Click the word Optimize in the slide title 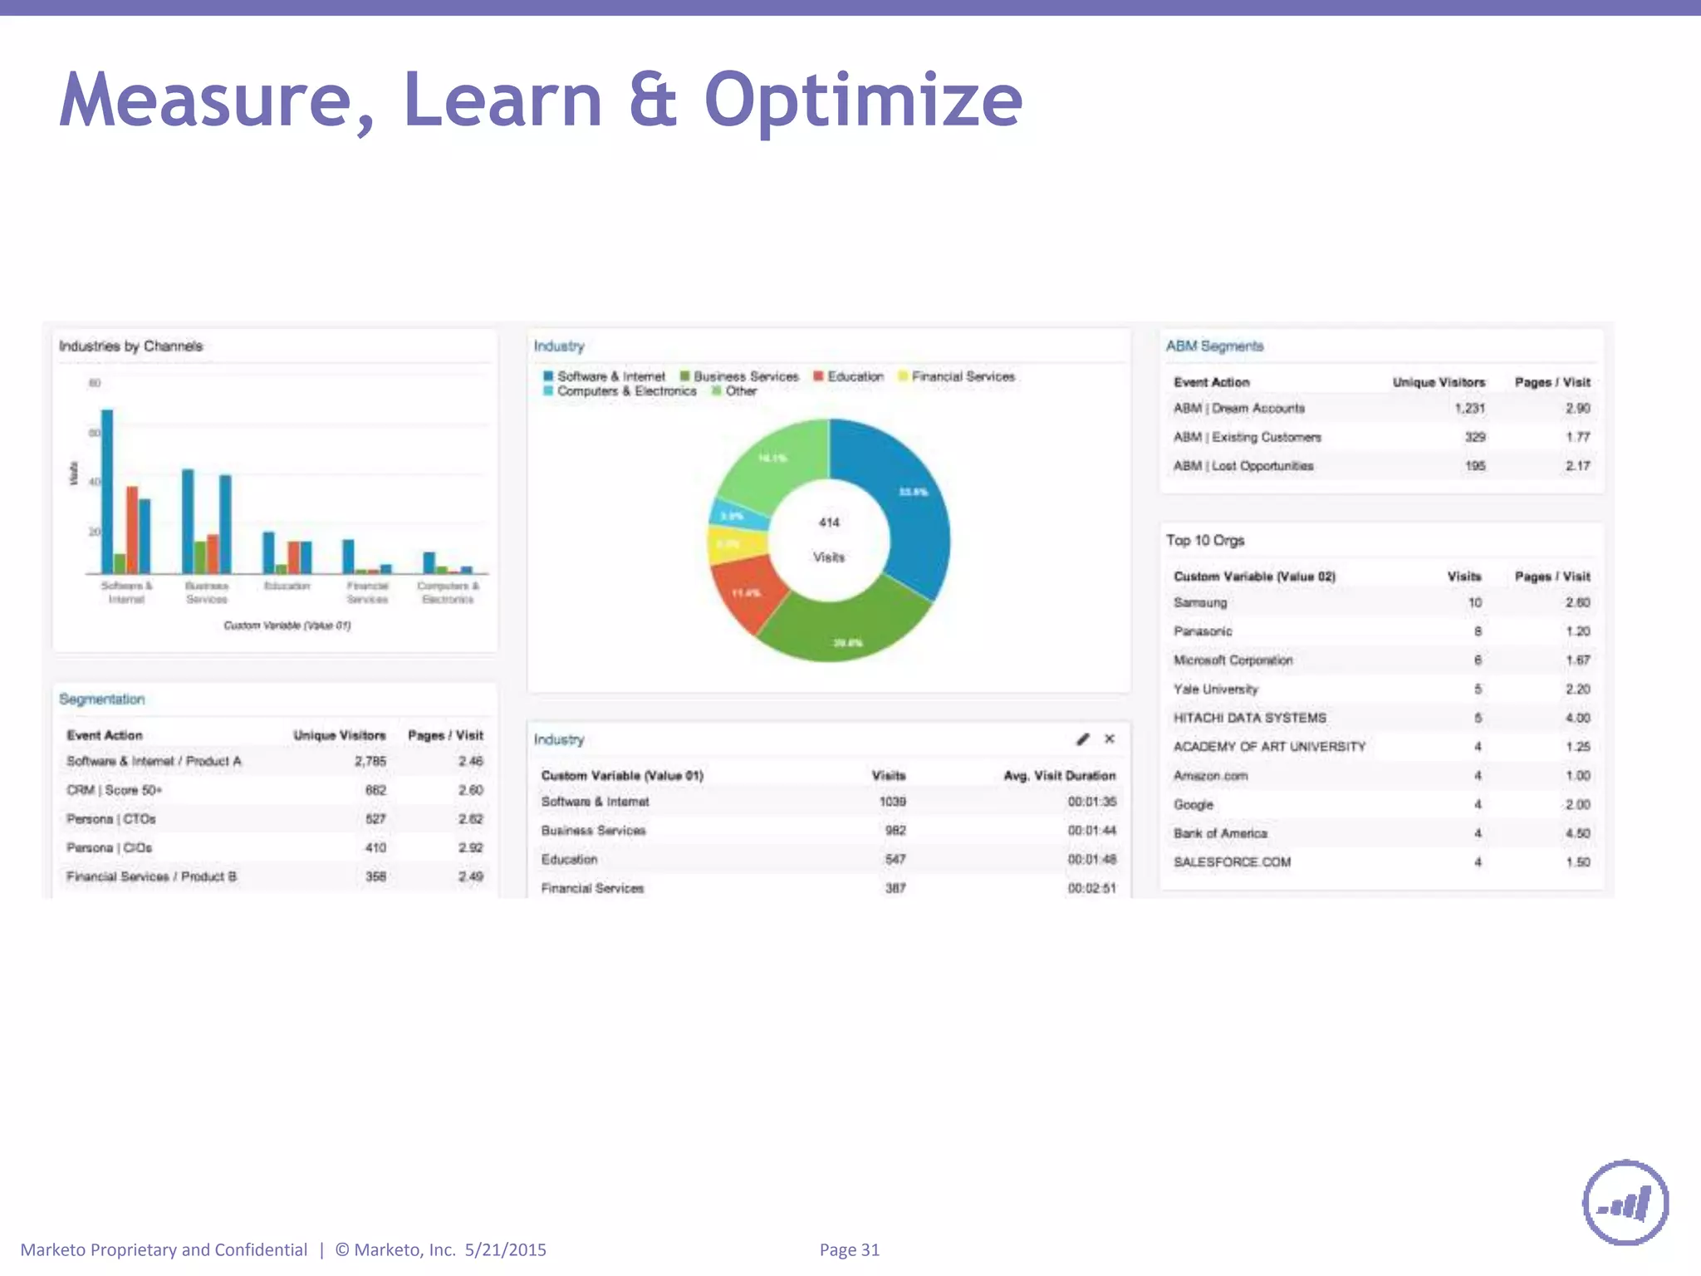click(863, 101)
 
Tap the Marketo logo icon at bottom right click(1625, 1202)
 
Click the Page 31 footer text click(849, 1249)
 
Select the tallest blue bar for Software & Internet click(107, 490)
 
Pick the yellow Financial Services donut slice click(735, 545)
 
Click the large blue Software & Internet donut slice click(905, 507)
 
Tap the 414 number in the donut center click(829, 523)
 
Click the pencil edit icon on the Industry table click(1082, 739)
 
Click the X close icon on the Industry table click(1110, 739)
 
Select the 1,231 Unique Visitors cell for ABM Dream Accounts click(1469, 408)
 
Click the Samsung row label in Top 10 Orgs click(1199, 602)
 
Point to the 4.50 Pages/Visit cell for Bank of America click(1577, 833)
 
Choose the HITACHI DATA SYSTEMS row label click(1249, 718)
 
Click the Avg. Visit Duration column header click(1059, 775)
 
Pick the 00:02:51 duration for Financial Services click(1091, 888)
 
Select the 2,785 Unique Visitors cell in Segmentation click(370, 761)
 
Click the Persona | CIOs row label click(110, 847)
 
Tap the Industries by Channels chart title click(130, 346)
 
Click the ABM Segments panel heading click(1213, 346)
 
